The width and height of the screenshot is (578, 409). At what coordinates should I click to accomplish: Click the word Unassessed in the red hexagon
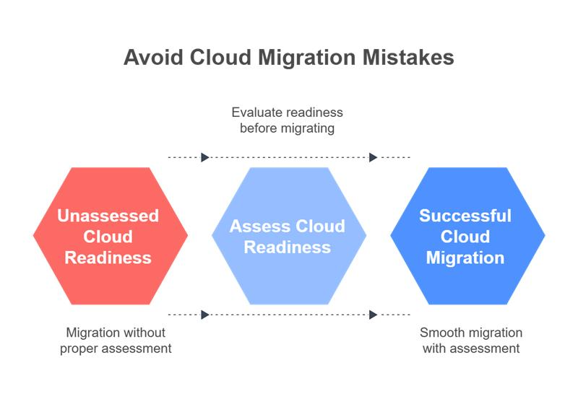[x=108, y=216]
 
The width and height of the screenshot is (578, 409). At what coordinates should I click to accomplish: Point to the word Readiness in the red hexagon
[x=108, y=258]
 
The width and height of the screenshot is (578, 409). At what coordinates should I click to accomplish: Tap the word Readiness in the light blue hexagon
[x=288, y=247]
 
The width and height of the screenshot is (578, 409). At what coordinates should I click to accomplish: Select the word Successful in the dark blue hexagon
[x=465, y=216]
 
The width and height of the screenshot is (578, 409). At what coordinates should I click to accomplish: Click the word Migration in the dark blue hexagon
[x=465, y=258]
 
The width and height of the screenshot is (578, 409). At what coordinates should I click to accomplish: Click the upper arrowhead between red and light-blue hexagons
[x=205, y=157]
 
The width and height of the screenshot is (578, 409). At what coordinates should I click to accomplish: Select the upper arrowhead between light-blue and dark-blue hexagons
[x=373, y=157]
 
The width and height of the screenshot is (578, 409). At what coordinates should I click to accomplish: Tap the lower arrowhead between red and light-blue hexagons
[x=205, y=315]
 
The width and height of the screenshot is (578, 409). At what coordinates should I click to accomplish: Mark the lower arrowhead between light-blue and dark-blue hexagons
[x=373, y=315]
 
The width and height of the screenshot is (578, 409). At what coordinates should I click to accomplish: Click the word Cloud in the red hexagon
[x=108, y=237]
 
